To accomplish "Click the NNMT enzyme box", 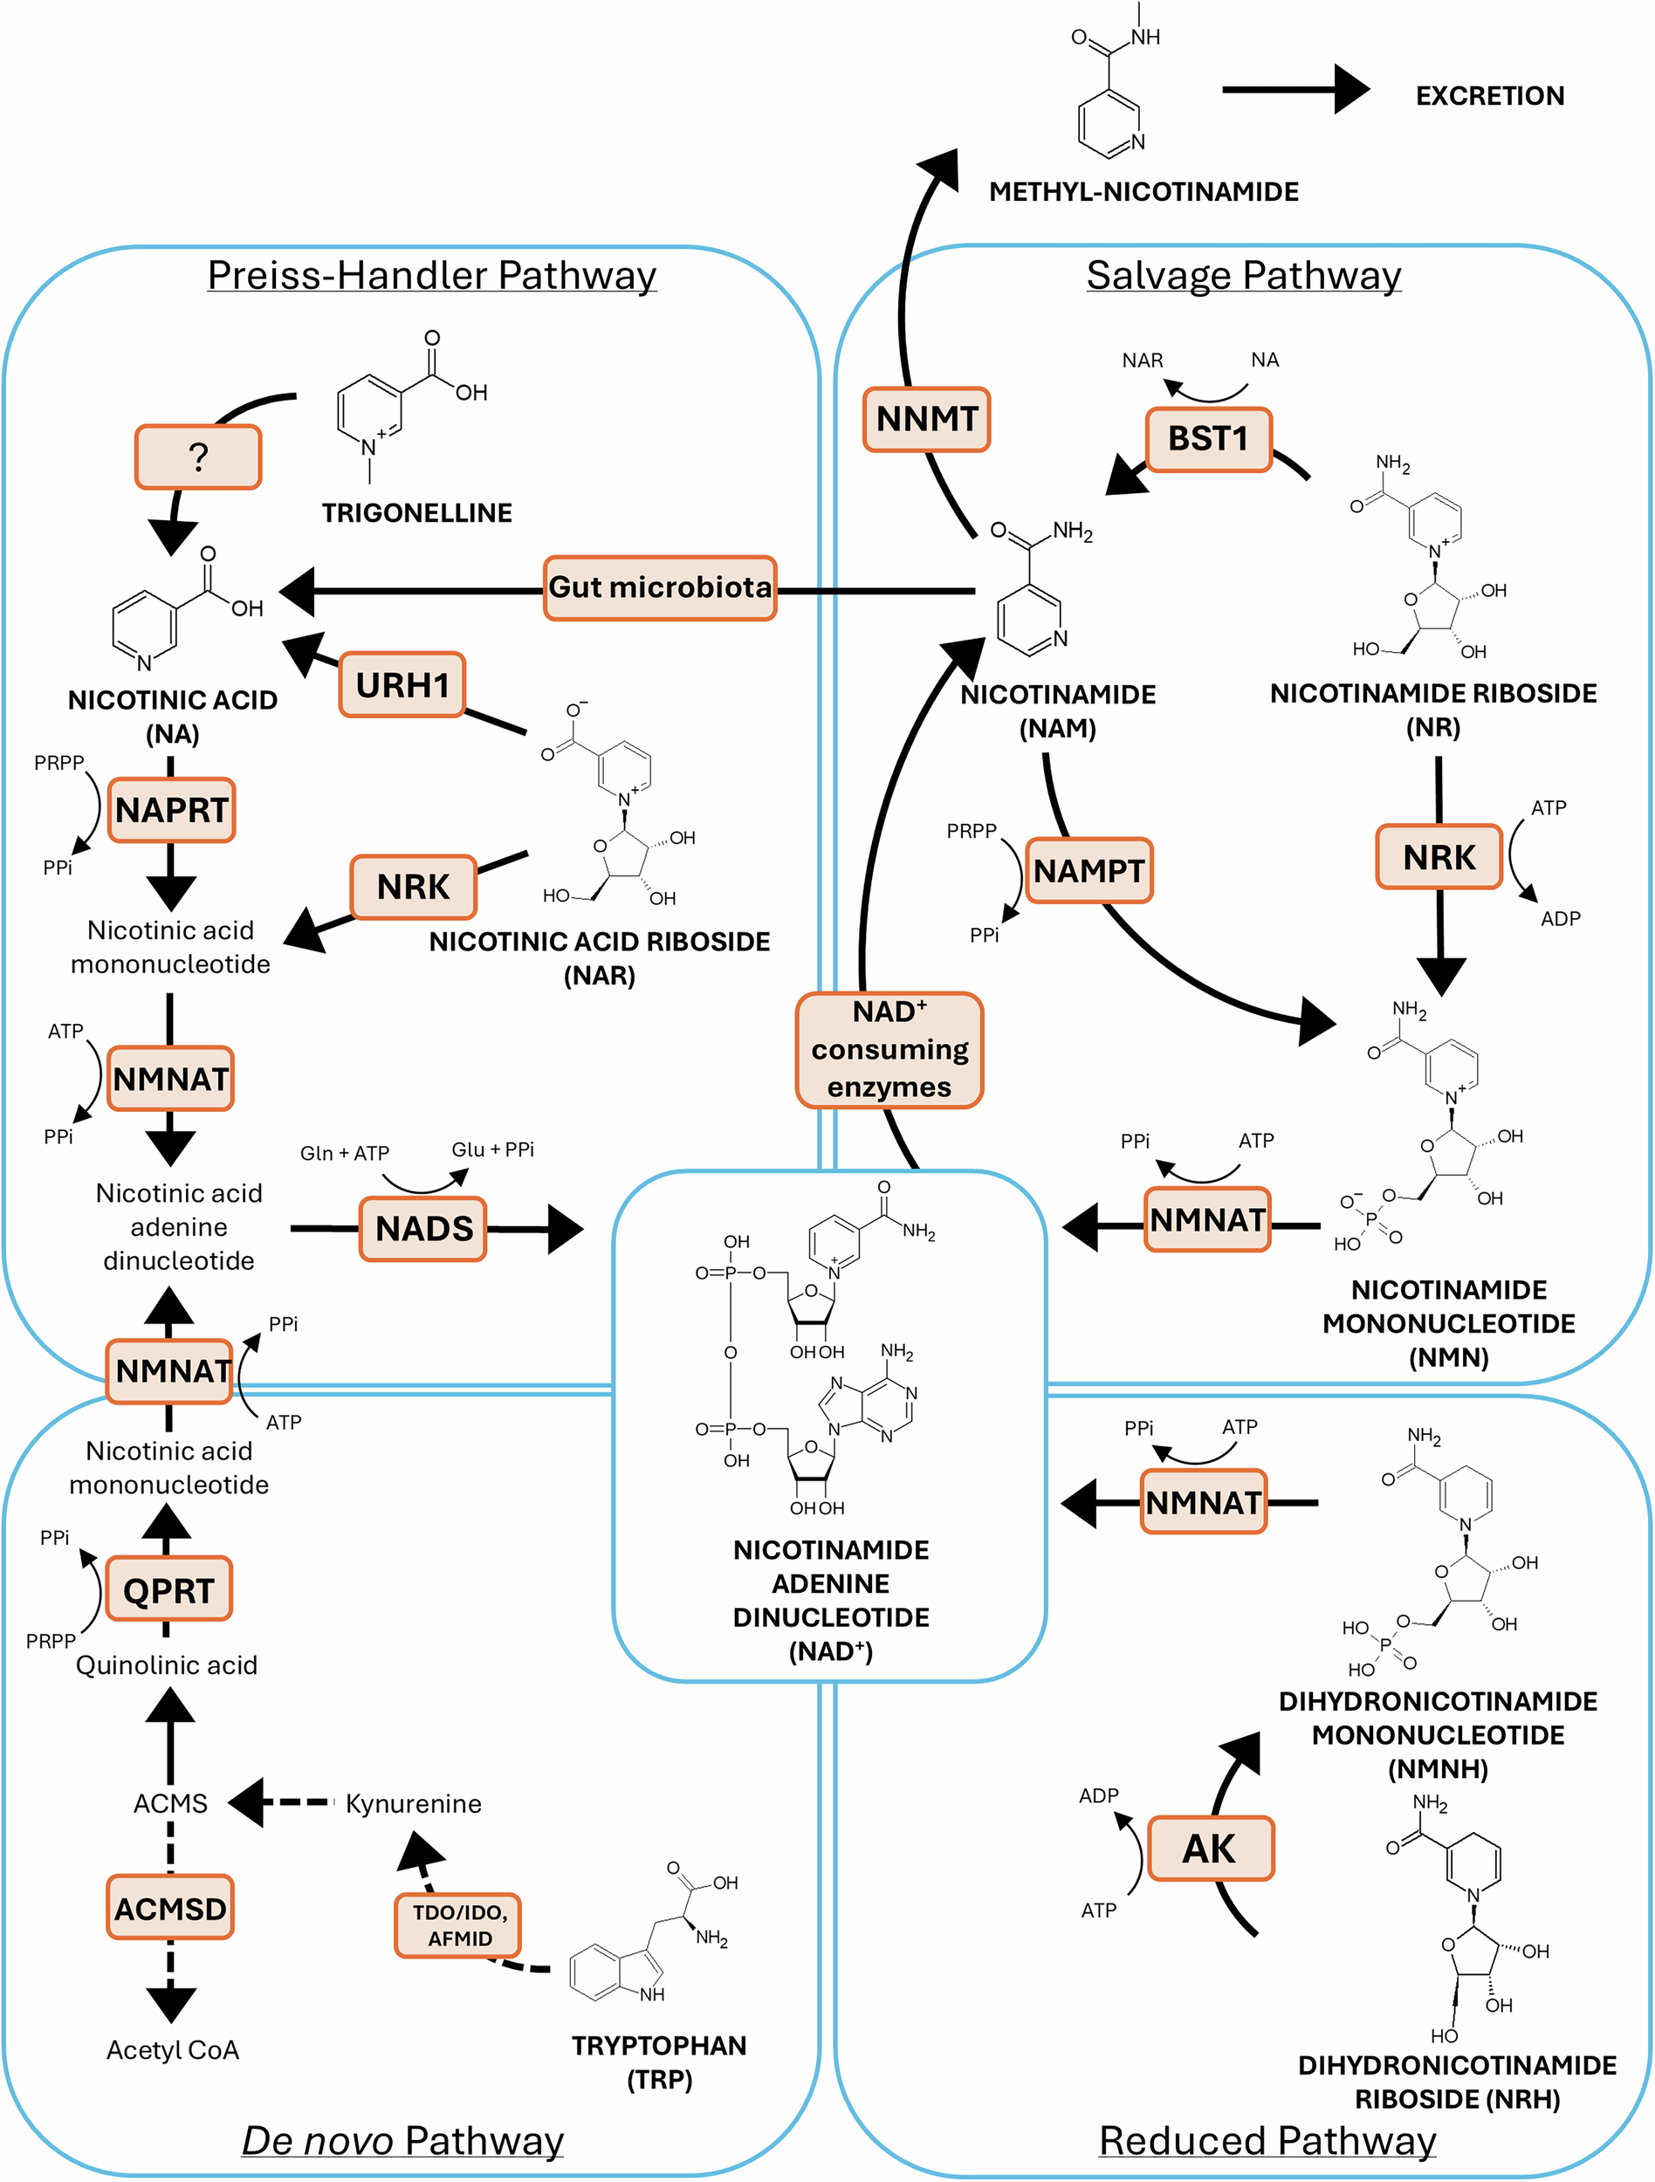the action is pyautogui.click(x=926, y=419).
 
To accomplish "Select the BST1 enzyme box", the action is pyautogui.click(x=1208, y=439).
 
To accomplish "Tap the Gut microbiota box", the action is pyautogui.click(x=660, y=588).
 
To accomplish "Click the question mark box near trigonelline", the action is pyautogui.click(x=198, y=456).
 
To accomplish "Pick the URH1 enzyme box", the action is pyautogui.click(x=402, y=684).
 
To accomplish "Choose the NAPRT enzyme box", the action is pyautogui.click(x=172, y=810).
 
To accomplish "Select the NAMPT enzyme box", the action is pyautogui.click(x=1088, y=871).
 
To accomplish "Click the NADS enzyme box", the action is pyautogui.click(x=423, y=1229).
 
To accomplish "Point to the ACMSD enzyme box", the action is pyautogui.click(x=170, y=1909).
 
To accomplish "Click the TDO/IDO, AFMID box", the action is pyautogui.click(x=458, y=1925).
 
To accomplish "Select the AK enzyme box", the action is pyautogui.click(x=1209, y=1849).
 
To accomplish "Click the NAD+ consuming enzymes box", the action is pyautogui.click(x=889, y=1051).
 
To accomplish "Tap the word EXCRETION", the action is pyautogui.click(x=1490, y=96).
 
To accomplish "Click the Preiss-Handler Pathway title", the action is pyautogui.click(x=432, y=275).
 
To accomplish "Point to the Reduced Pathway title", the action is pyautogui.click(x=1267, y=2142).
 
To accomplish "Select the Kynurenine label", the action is pyautogui.click(x=413, y=1804).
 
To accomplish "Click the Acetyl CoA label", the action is pyautogui.click(x=173, y=2050).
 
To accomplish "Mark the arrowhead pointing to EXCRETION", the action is pyautogui.click(x=1352, y=90).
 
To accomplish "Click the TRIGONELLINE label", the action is pyautogui.click(x=417, y=513).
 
